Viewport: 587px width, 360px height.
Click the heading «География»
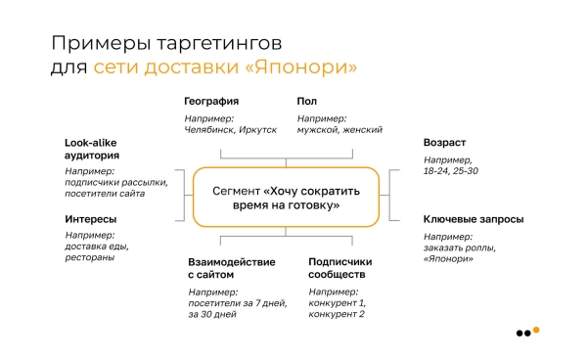click(211, 101)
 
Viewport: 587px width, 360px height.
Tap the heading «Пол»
click(308, 101)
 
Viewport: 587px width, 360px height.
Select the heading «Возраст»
click(444, 143)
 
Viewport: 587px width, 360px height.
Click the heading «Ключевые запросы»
click(473, 219)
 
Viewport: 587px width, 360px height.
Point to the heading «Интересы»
click(91, 219)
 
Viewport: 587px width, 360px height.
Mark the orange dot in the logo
click(535, 330)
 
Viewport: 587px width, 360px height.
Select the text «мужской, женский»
click(339, 130)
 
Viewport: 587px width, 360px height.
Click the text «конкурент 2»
click(337, 314)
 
